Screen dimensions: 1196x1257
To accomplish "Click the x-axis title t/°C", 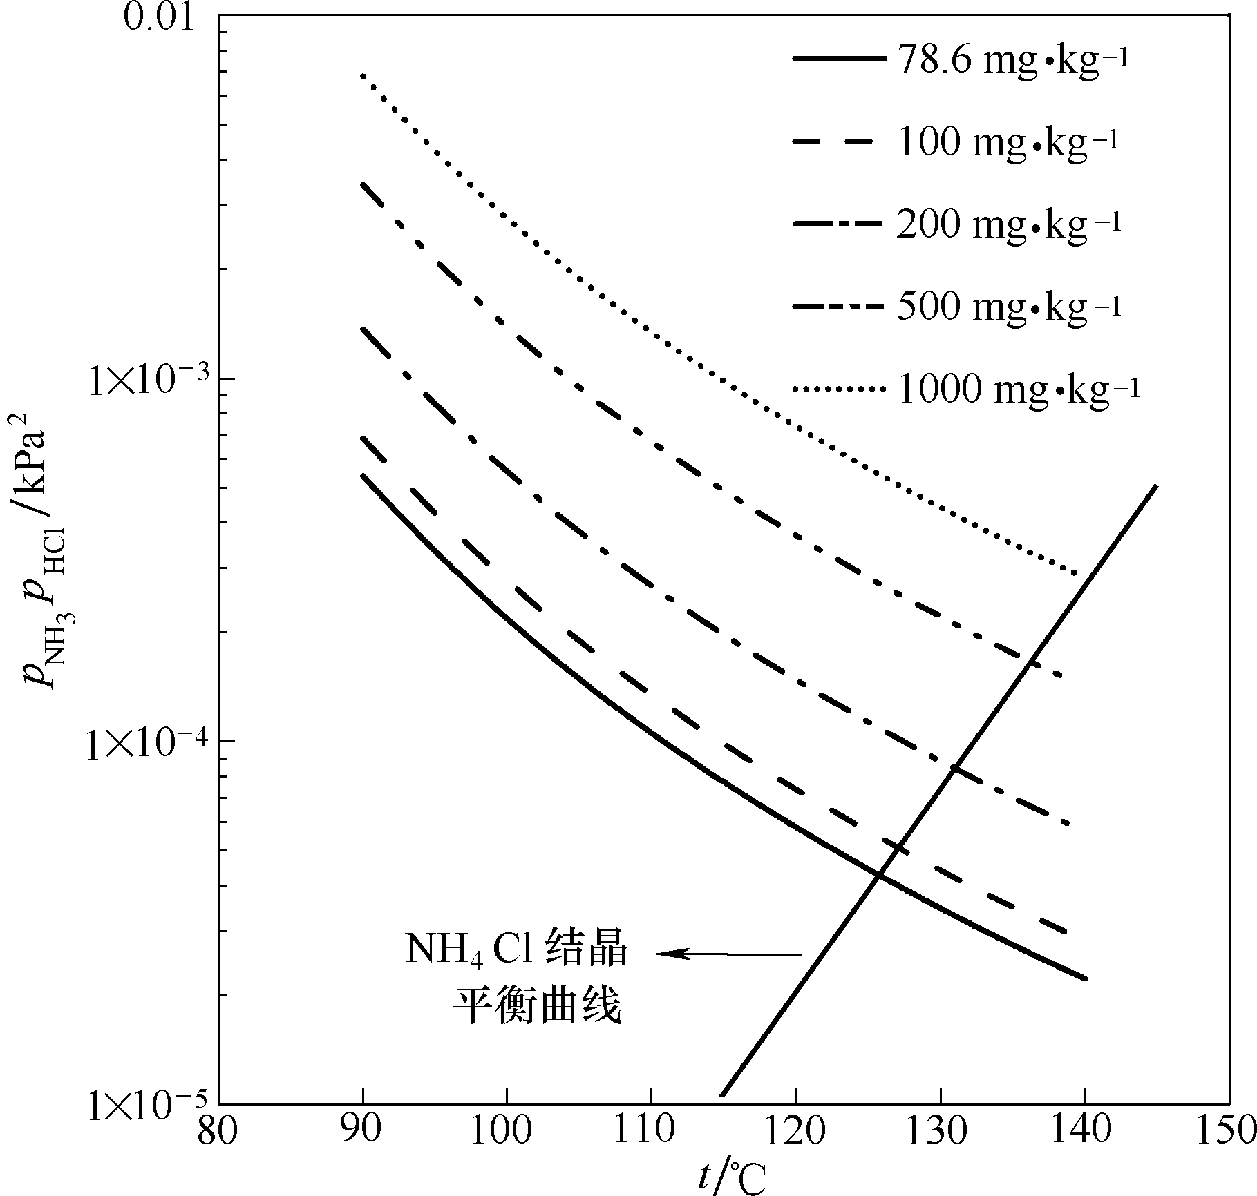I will point(730,1177).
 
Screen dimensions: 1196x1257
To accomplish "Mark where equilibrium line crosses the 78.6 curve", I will point(878,876).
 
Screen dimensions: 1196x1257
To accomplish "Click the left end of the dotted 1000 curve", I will point(363,75).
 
